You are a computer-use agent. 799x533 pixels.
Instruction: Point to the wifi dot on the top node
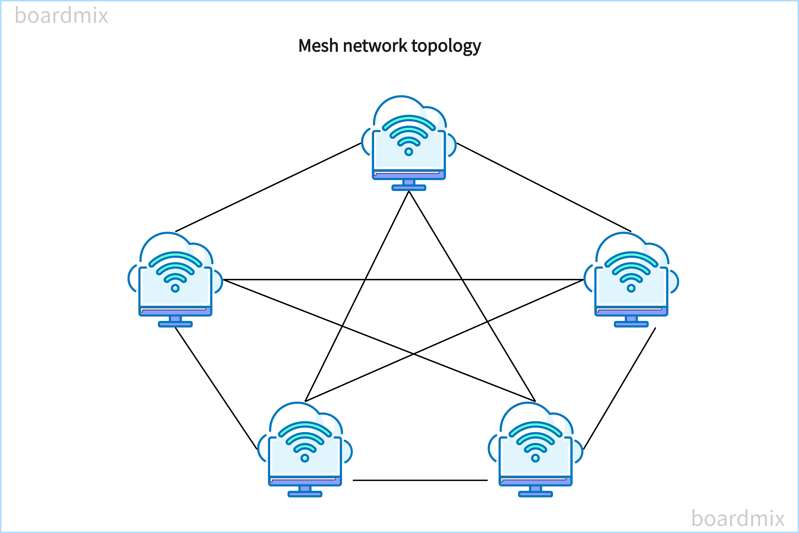[409, 152]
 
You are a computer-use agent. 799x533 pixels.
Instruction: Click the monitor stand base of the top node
[409, 188]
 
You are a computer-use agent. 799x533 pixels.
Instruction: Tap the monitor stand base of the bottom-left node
[305, 494]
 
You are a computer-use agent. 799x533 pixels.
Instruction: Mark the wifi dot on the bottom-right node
[535, 458]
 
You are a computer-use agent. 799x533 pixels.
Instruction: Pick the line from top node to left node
[268, 187]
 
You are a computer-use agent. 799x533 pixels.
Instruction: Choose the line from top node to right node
[544, 187]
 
